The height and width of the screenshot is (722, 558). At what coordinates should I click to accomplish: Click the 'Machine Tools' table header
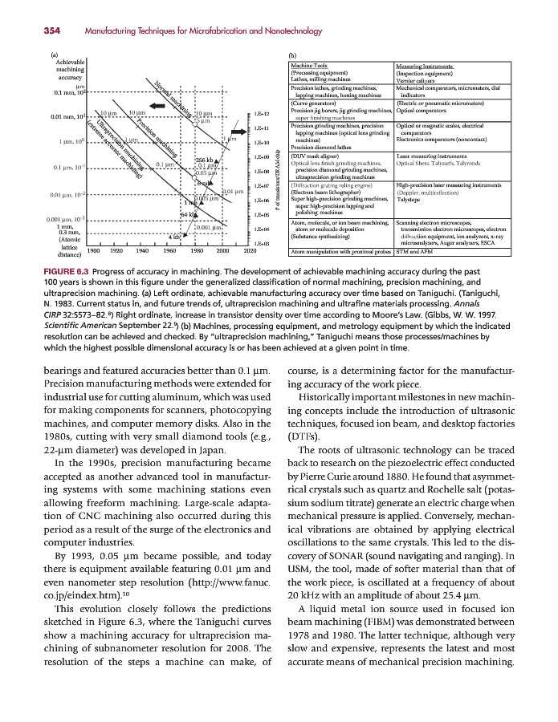[308, 65]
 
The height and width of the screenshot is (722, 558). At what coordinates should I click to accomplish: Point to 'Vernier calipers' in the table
[414, 79]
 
